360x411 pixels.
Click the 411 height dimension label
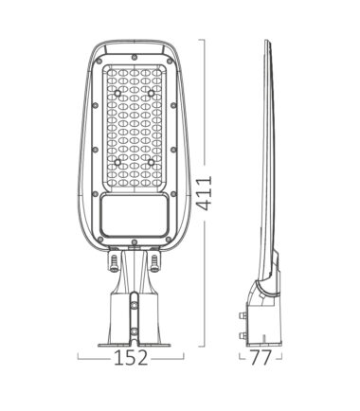[204, 193]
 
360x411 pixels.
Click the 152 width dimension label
[131, 358]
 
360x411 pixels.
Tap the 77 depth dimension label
[261, 358]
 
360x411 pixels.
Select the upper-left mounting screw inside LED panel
[117, 94]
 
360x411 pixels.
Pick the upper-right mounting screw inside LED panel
[152, 94]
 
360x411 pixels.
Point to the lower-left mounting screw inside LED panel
[117, 162]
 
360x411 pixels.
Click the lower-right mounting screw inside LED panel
[152, 162]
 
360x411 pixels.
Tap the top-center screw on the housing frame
[135, 57]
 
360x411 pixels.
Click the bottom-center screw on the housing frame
[135, 242]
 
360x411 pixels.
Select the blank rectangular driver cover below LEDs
[135, 215]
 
